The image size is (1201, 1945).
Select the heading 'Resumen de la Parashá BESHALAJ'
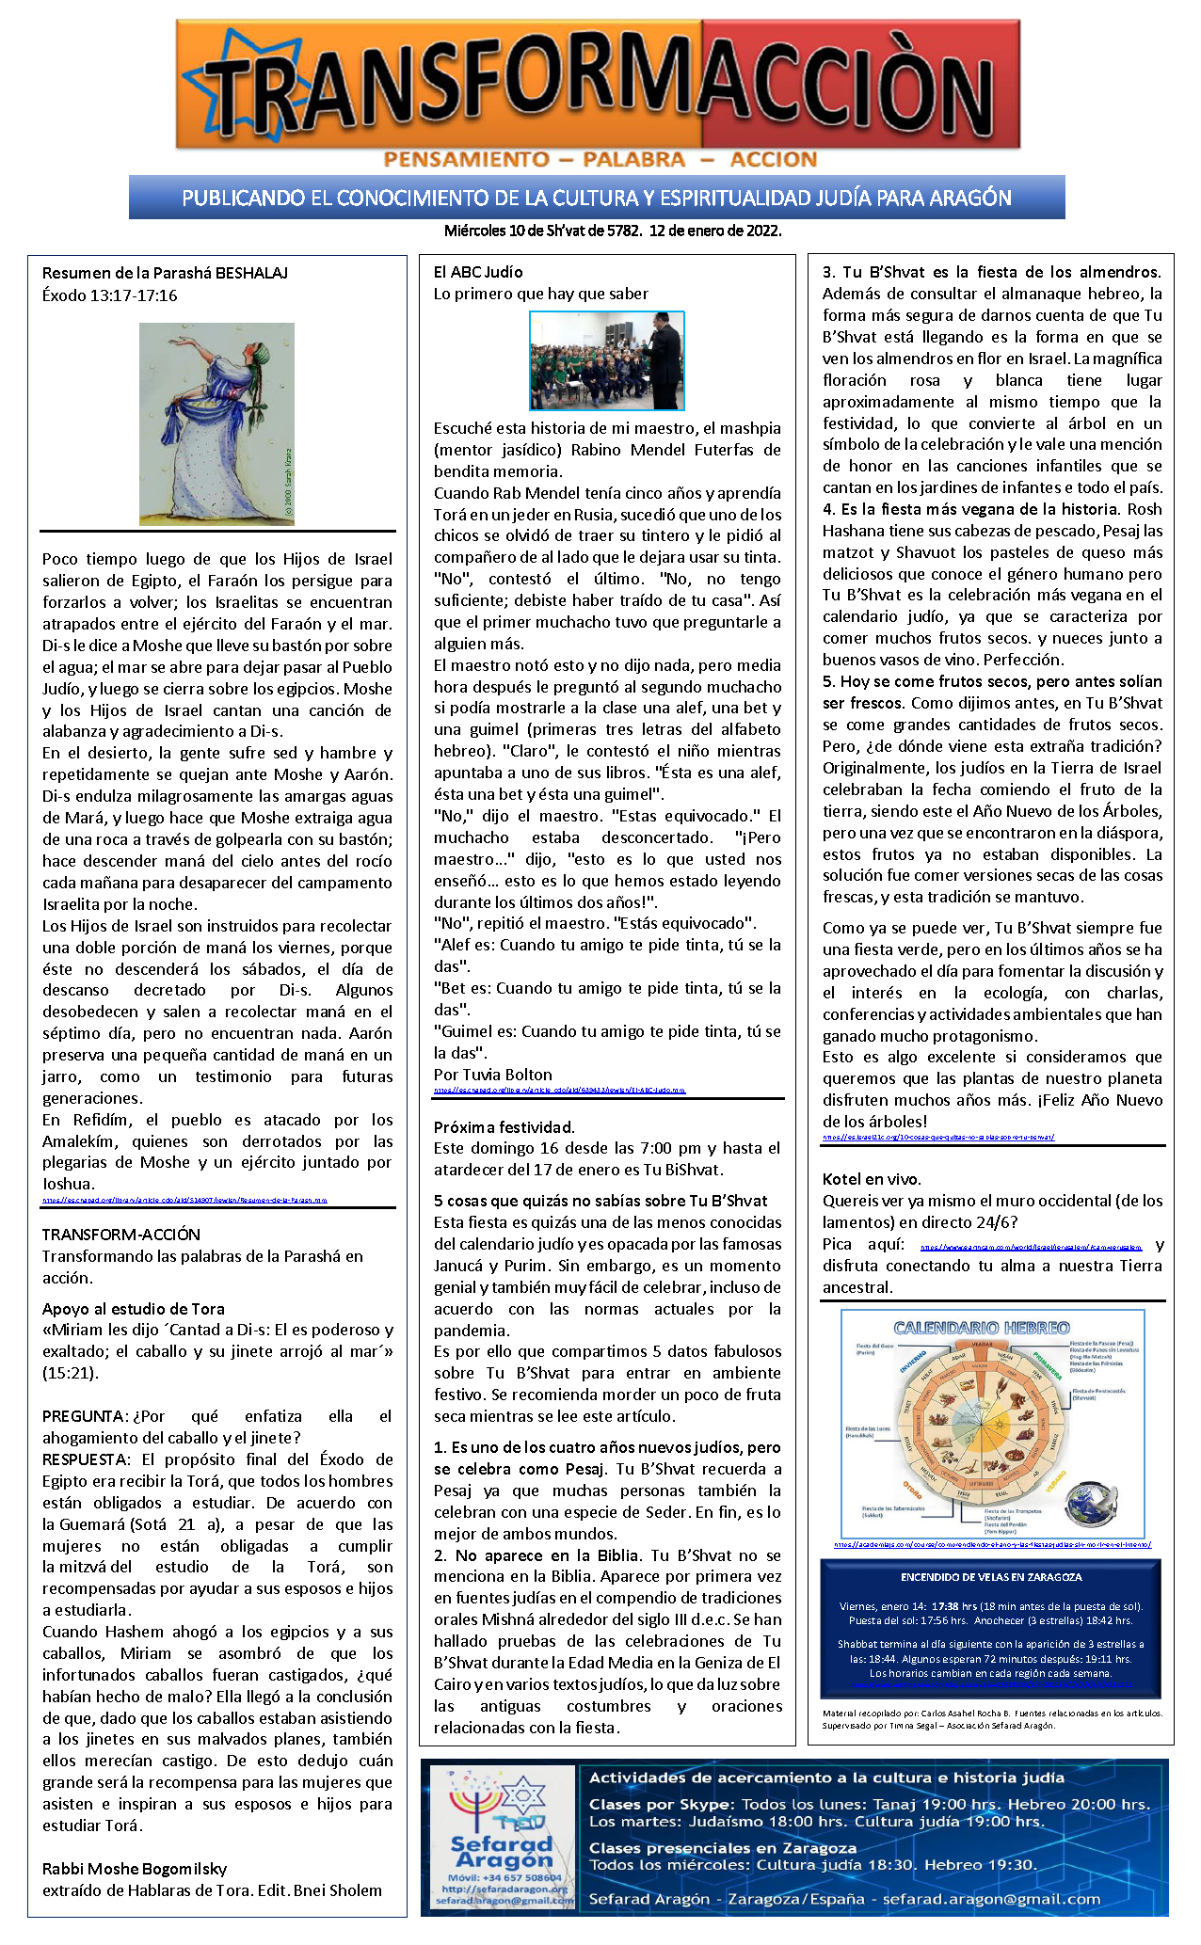[165, 273]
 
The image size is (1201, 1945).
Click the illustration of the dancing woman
[216, 423]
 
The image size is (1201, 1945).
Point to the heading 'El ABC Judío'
[478, 272]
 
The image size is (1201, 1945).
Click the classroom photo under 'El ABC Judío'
[606, 360]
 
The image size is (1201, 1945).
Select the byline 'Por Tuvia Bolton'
[492, 1075]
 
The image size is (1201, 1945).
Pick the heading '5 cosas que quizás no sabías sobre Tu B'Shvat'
[600, 1201]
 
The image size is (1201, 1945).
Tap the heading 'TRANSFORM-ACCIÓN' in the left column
[120, 1235]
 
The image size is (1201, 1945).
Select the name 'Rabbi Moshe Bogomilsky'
[135, 1869]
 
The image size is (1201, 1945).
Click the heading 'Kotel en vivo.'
[872, 1179]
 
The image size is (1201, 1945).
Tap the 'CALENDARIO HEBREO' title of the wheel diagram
[981, 1328]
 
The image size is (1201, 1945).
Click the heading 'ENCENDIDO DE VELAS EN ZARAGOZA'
[991, 1577]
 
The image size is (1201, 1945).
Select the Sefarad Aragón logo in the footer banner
[502, 1835]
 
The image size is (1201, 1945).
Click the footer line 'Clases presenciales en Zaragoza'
[722, 1848]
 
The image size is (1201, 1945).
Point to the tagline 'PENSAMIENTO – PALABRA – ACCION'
[600, 160]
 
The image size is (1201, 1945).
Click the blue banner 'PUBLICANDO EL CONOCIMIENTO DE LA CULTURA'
[597, 198]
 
